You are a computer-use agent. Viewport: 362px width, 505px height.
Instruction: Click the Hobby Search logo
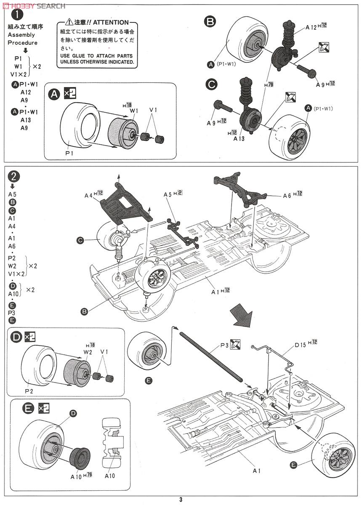[x=34, y=5]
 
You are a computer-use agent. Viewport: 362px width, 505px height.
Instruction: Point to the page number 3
[x=181, y=500]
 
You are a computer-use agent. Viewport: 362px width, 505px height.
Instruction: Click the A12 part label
[x=311, y=27]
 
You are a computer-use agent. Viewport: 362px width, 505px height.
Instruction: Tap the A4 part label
[x=88, y=194]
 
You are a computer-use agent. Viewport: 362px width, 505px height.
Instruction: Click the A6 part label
[x=287, y=195]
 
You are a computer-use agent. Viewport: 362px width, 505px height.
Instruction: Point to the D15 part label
[x=299, y=345]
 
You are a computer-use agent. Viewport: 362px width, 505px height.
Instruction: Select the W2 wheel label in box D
[x=88, y=352]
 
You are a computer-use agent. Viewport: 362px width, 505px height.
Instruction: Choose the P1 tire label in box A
[x=69, y=154]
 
